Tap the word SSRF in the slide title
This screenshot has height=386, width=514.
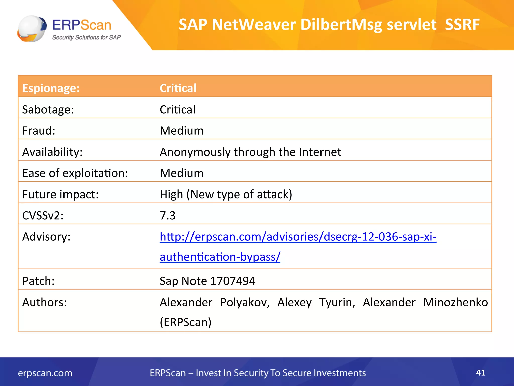(462, 25)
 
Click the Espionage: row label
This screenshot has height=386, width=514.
(51, 88)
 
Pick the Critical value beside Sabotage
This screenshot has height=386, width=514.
(177, 110)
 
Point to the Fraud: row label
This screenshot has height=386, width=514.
(39, 131)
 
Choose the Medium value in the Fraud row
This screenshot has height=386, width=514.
(181, 131)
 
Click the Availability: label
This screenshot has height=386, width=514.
(52, 152)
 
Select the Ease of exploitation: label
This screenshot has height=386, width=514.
(75, 173)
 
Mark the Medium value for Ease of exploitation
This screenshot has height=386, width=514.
(181, 173)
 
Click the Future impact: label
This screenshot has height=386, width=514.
(60, 195)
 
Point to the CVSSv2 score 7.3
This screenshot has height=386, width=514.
(168, 216)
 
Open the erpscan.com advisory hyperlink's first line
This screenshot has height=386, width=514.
(298, 237)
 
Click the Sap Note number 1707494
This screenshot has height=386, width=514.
(233, 281)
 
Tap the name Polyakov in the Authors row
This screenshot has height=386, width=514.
(245, 302)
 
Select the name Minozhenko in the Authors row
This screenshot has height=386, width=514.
(455, 302)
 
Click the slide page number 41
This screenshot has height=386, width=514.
(480, 372)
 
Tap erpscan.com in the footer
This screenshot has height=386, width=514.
(45, 373)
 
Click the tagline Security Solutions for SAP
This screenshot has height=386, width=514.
(86, 37)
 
